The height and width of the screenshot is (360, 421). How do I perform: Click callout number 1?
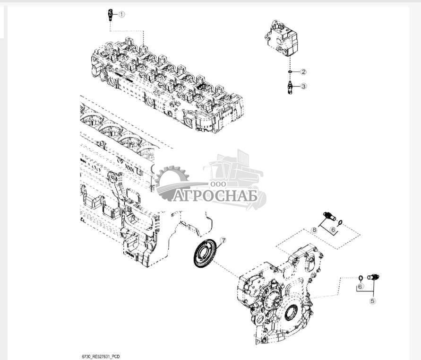point(122,14)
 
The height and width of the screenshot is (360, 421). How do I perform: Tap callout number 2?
point(303,72)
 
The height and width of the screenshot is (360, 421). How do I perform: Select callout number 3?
point(303,86)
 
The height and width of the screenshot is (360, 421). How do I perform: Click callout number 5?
point(372,301)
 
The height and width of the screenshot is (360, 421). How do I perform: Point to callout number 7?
point(223,240)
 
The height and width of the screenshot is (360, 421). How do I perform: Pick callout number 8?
point(314,230)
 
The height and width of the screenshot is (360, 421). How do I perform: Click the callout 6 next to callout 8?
point(333,230)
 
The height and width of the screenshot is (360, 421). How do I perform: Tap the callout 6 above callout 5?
point(361,287)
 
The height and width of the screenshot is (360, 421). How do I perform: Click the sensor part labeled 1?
point(110,15)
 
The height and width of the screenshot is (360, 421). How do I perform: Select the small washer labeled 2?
point(290,72)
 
